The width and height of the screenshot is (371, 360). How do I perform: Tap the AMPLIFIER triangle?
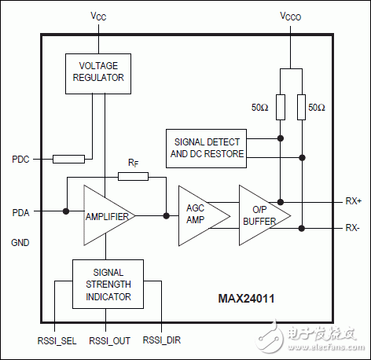(x=102, y=215)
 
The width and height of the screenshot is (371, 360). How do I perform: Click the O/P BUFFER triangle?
(x=260, y=215)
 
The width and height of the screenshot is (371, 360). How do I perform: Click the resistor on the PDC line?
(x=68, y=160)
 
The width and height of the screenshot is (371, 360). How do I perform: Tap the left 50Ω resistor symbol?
(x=280, y=106)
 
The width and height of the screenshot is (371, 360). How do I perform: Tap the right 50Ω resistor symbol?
(x=302, y=106)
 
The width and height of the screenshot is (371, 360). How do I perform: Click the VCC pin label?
(x=97, y=17)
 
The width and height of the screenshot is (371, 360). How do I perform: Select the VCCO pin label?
(x=291, y=17)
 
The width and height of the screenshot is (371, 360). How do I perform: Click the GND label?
(x=20, y=243)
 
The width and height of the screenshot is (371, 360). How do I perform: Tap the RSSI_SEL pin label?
(x=53, y=342)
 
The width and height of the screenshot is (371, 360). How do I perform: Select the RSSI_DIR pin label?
(x=160, y=342)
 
